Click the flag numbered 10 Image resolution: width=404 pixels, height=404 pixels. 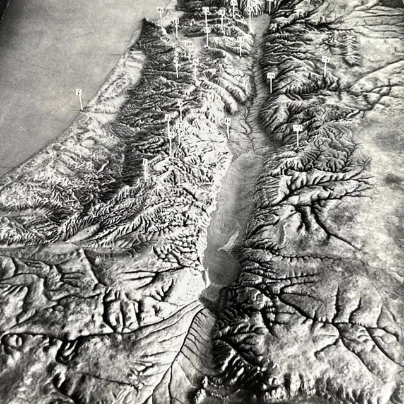click(x=189, y=44)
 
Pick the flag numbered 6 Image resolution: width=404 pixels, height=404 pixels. click(x=228, y=121)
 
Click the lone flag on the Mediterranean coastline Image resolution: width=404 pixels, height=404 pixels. click(x=79, y=92)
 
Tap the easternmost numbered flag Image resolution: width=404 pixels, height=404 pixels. click(x=325, y=59)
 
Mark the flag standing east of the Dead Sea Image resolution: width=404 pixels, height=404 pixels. click(x=297, y=128)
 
